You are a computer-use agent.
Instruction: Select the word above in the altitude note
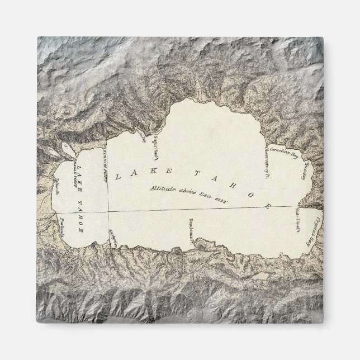[195, 192]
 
